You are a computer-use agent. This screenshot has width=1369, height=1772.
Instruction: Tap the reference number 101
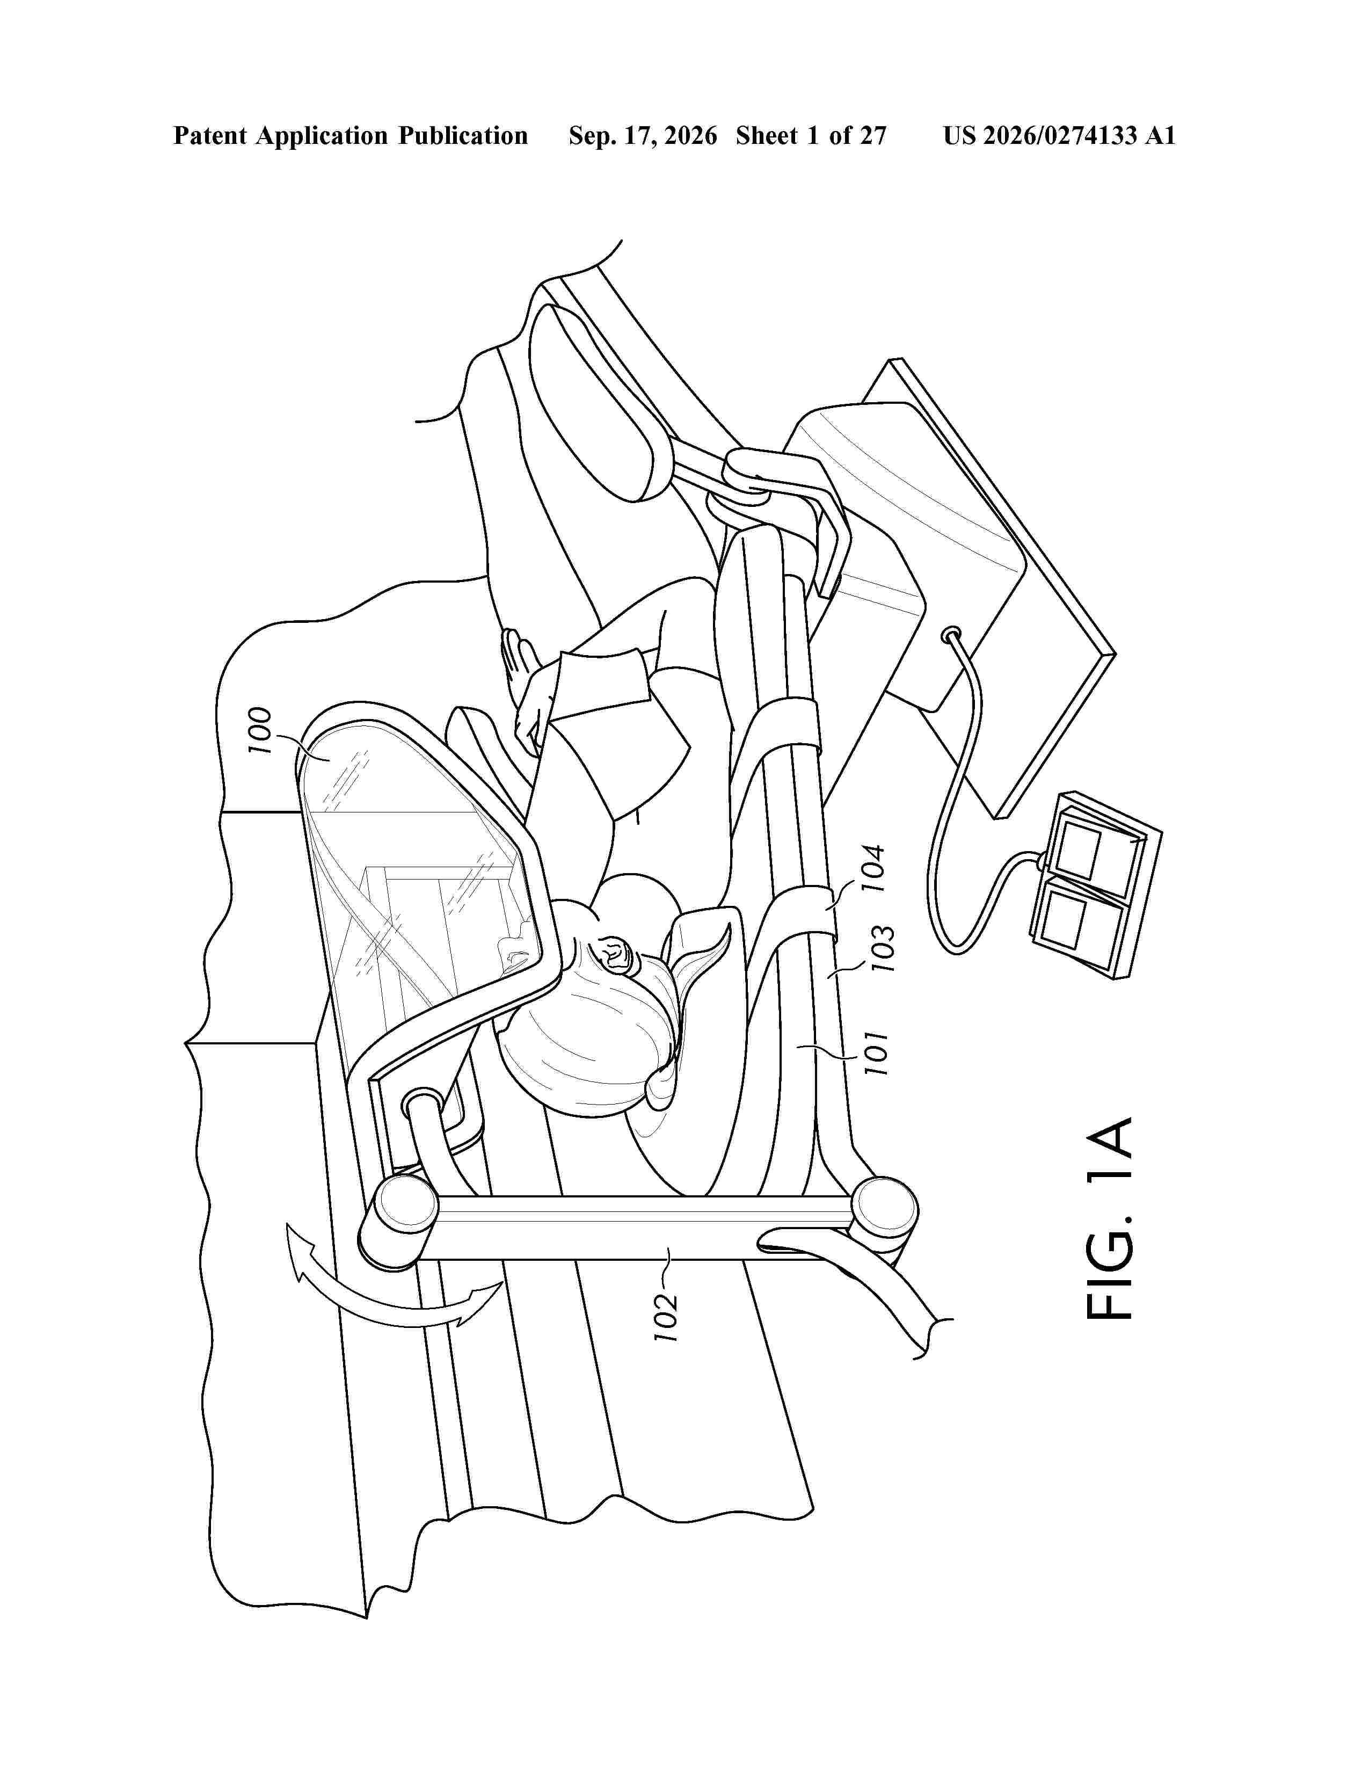pyautogui.click(x=877, y=1053)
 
